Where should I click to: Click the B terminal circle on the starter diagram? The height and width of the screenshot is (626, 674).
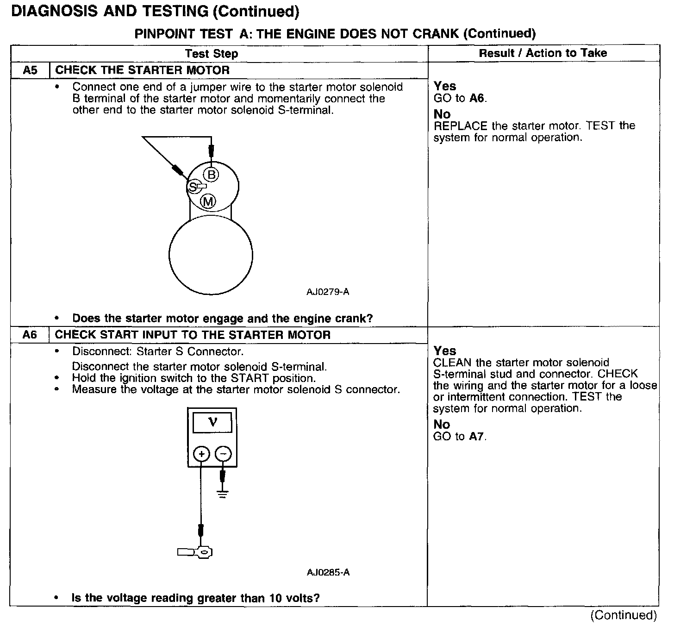212,175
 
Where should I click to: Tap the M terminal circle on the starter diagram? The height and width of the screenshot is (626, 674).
208,201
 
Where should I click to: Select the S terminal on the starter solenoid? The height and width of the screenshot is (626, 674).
193,187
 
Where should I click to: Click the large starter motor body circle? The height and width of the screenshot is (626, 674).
211,256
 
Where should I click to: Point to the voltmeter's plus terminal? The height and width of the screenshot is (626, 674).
201,454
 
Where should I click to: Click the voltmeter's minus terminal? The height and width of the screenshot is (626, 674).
223,454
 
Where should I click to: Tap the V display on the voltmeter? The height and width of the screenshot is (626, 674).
212,422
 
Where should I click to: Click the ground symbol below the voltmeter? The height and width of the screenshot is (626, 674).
223,494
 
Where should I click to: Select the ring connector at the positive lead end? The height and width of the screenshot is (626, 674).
203,551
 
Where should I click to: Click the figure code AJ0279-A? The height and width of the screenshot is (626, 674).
328,292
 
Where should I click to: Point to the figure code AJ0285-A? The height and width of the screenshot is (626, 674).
328,572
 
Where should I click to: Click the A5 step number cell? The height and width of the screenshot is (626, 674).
30,70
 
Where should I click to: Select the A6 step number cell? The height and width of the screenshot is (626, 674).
30,335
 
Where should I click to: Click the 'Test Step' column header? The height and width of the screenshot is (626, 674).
212,54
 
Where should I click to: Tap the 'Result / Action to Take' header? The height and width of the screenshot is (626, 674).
543,53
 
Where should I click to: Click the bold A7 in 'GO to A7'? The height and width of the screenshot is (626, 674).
476,436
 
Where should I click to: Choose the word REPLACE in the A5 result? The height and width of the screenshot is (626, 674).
461,126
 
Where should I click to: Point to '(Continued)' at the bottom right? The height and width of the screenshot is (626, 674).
623,615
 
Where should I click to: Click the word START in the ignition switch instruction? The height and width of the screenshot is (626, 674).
250,378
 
